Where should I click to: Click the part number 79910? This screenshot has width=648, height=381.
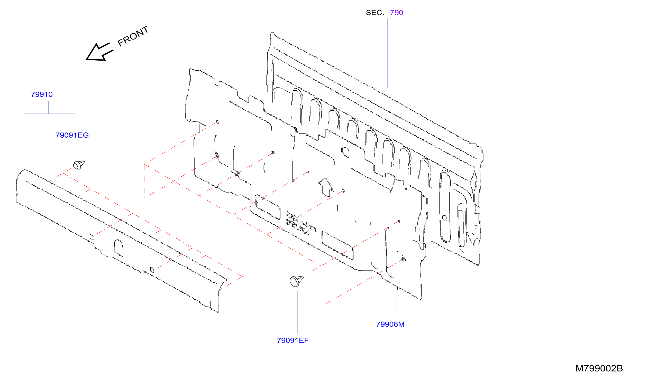(x=42, y=94)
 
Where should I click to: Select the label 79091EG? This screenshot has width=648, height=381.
(x=72, y=135)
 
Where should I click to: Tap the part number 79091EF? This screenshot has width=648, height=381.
(x=293, y=341)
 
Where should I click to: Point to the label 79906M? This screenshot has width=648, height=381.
(x=390, y=325)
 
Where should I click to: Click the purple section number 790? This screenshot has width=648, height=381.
(x=397, y=13)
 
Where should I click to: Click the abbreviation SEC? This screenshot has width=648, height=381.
(x=375, y=13)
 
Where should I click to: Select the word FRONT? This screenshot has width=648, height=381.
(x=133, y=36)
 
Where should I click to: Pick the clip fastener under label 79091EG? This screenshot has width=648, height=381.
(x=78, y=165)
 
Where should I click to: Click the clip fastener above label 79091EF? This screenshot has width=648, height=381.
(x=296, y=281)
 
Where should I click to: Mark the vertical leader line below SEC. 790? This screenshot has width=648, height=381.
(x=387, y=53)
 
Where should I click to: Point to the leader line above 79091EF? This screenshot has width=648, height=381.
(x=298, y=312)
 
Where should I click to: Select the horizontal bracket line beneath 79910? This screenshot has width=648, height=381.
(x=49, y=114)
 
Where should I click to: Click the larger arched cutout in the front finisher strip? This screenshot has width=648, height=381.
(x=118, y=248)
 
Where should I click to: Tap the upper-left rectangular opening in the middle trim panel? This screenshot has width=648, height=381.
(x=267, y=207)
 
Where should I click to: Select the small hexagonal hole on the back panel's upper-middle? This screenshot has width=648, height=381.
(x=345, y=152)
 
